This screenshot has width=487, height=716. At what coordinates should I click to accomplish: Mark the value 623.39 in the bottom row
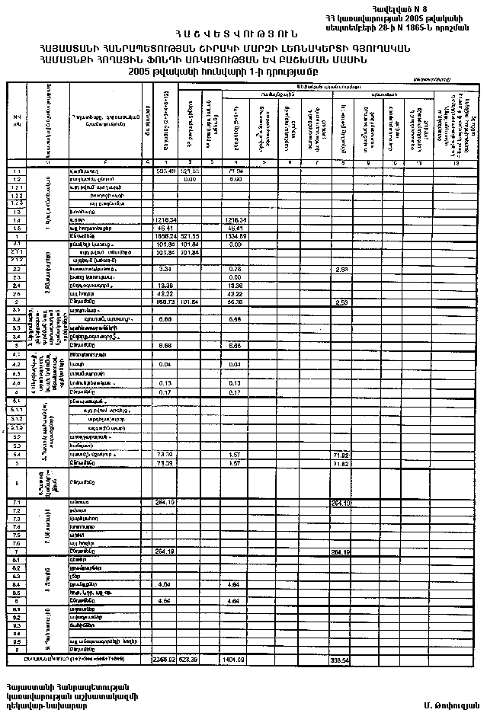coord(190,658)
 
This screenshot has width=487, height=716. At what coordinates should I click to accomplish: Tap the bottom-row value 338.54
coord(341,658)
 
